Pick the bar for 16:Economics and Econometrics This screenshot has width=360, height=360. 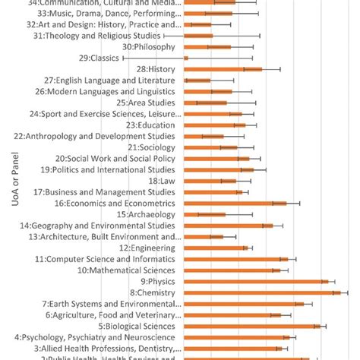235,203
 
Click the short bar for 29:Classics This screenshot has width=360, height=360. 186,58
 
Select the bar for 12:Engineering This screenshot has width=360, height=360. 216,248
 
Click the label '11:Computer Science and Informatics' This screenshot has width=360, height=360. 105,259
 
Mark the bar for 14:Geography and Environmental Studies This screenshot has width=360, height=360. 228,226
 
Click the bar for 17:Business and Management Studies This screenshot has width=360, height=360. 213,192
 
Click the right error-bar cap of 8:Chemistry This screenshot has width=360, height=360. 347,292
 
